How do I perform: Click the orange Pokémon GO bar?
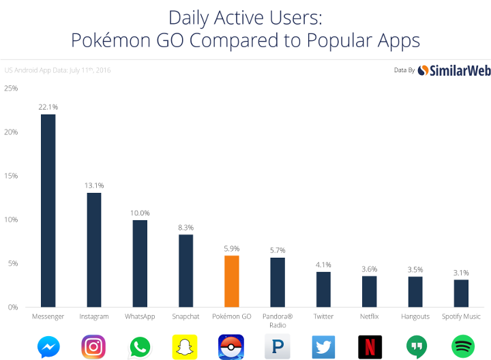tap(231, 281)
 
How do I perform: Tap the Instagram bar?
tap(94, 250)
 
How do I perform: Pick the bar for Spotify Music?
tap(461, 293)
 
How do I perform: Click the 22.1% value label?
tap(48, 107)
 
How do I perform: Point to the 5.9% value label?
tap(231, 249)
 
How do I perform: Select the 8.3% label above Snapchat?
tap(185, 228)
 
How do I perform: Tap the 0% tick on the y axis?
tap(12, 307)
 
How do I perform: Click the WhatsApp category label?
tap(140, 317)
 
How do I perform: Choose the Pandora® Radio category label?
tap(278, 320)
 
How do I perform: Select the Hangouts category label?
tap(415, 317)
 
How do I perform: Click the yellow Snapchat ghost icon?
tap(185, 346)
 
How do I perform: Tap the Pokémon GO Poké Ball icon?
tap(231, 346)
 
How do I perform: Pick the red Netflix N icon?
tap(370, 346)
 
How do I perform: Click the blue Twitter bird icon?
tap(323, 346)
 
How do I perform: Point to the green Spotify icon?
tap(462, 346)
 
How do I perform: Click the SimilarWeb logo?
tap(451, 70)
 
